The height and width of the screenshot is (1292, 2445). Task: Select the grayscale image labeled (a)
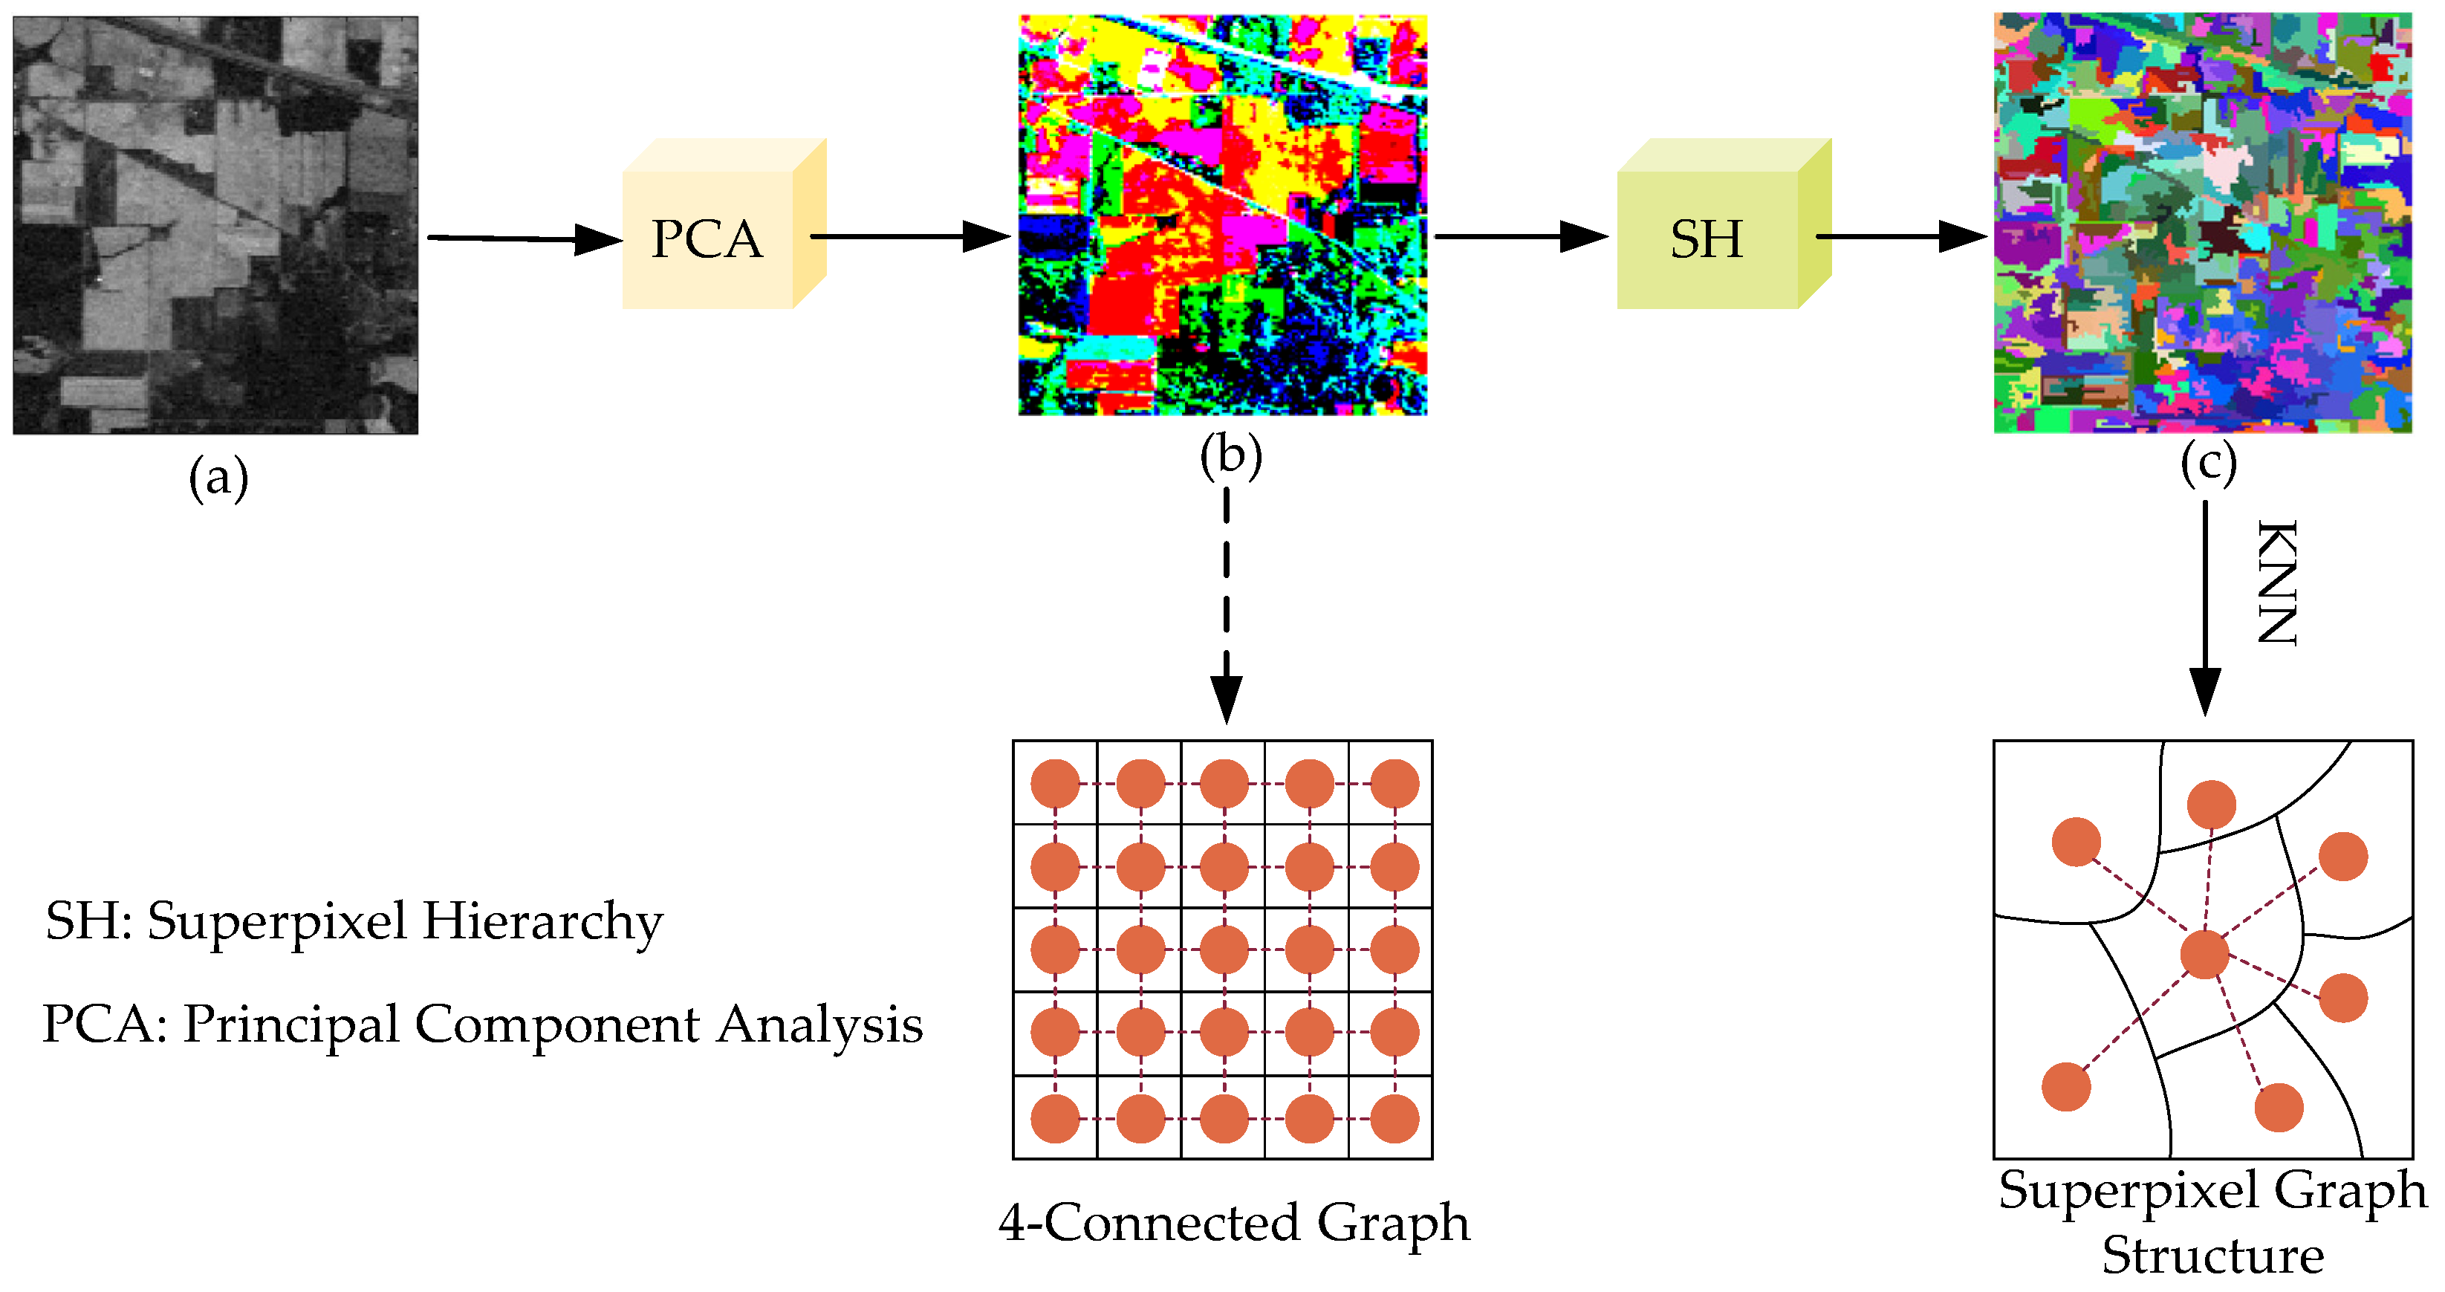tap(215, 225)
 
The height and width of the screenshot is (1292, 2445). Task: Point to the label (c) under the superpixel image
tap(2207, 464)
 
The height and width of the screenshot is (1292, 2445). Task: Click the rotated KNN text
tap(2276, 583)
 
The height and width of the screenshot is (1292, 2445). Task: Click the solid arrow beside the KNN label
tap(2204, 608)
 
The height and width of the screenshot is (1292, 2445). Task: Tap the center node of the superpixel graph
tap(2204, 954)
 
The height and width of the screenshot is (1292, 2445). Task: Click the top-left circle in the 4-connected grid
tap(1054, 784)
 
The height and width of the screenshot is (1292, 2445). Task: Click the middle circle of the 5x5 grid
tap(1224, 950)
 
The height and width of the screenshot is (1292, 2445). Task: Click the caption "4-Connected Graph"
tap(1234, 1223)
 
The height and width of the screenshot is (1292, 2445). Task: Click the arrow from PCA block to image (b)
tap(909, 236)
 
